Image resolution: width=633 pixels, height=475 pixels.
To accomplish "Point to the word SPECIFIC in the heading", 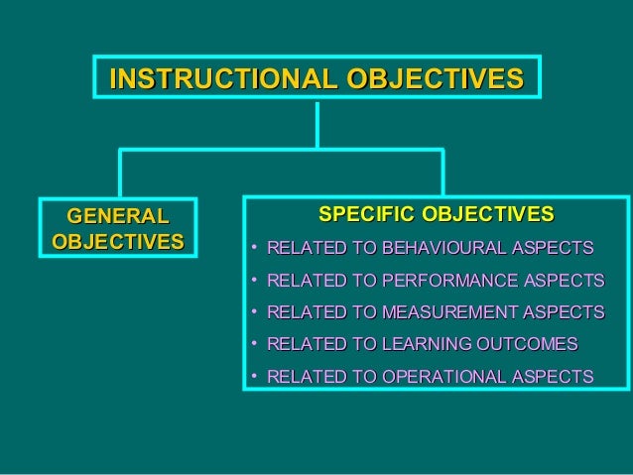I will click(x=367, y=215).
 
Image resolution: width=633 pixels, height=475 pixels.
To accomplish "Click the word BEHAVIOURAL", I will click(x=438, y=248).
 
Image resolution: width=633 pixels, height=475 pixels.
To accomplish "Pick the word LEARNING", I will click(x=430, y=345).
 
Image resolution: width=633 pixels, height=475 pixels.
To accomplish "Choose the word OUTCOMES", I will click(x=528, y=345).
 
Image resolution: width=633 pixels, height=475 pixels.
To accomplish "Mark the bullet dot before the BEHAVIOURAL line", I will click(x=255, y=248).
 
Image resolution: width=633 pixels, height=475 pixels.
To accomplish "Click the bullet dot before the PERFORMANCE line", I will click(x=255, y=281).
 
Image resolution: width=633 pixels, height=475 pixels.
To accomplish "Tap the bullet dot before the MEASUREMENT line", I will click(x=255, y=313).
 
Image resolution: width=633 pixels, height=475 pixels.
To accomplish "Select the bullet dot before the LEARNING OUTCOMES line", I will click(x=255, y=345).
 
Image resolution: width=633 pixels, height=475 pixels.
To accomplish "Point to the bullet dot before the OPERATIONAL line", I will click(x=255, y=377).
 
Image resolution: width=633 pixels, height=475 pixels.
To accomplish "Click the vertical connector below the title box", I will click(x=317, y=124).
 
